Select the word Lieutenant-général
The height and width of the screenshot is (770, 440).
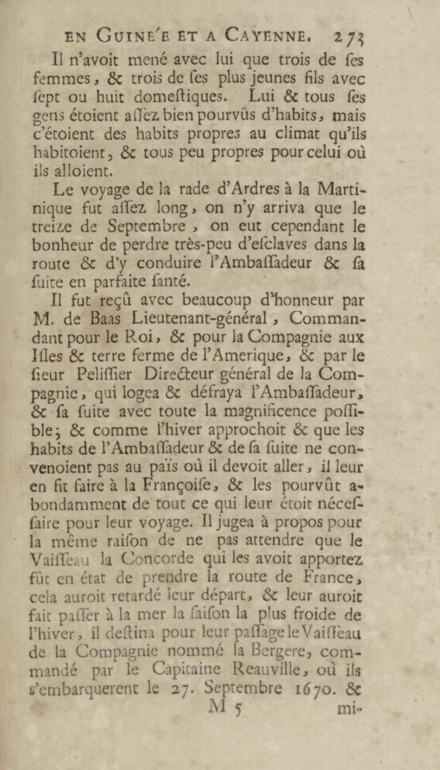[199, 320]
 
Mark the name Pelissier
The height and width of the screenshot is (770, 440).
[104, 375]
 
